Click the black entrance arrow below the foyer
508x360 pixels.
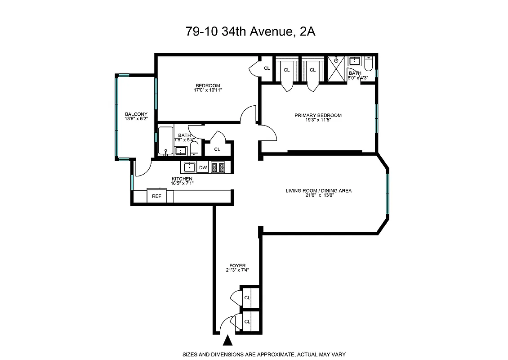coord(228,340)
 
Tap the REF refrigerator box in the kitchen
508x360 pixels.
coord(156,196)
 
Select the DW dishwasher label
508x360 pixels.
coord(203,168)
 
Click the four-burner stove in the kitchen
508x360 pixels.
coord(218,167)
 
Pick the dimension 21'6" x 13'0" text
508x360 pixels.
coord(319,195)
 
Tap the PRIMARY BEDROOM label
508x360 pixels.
coord(318,115)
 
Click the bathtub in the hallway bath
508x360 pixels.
coord(165,141)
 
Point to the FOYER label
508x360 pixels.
coord(237,265)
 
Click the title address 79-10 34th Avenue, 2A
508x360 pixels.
coord(254,31)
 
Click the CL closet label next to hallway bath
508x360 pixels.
coord(217,149)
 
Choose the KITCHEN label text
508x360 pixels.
coord(182,179)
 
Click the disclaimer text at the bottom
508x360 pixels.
coord(263,354)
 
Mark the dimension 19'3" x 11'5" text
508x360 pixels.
coord(318,120)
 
